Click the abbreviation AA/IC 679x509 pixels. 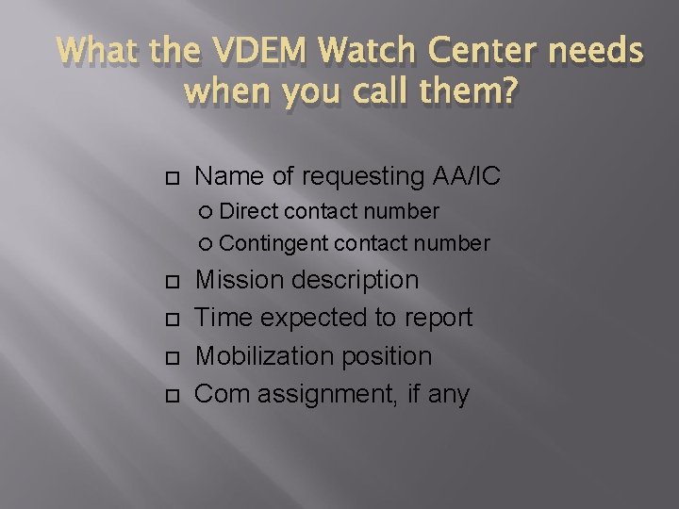[x=467, y=175]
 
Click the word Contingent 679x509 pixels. [x=273, y=243]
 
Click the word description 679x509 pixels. [x=357, y=280]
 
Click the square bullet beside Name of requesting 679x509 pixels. [x=170, y=176]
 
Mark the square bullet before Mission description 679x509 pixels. [x=170, y=281]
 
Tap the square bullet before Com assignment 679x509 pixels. [x=170, y=395]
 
